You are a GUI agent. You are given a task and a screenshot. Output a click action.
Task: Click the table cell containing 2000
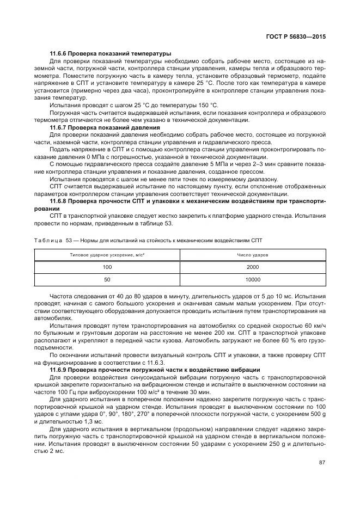[x=253, y=267]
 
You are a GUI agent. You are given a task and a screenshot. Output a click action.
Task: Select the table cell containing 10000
[x=253, y=280]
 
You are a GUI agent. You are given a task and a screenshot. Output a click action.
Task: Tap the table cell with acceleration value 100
[x=107, y=267]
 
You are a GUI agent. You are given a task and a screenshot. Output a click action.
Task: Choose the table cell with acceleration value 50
[x=107, y=280]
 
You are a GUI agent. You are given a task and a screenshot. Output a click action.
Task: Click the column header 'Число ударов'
[x=253, y=255]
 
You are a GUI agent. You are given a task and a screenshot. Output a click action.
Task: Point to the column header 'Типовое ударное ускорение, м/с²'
[x=107, y=255]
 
